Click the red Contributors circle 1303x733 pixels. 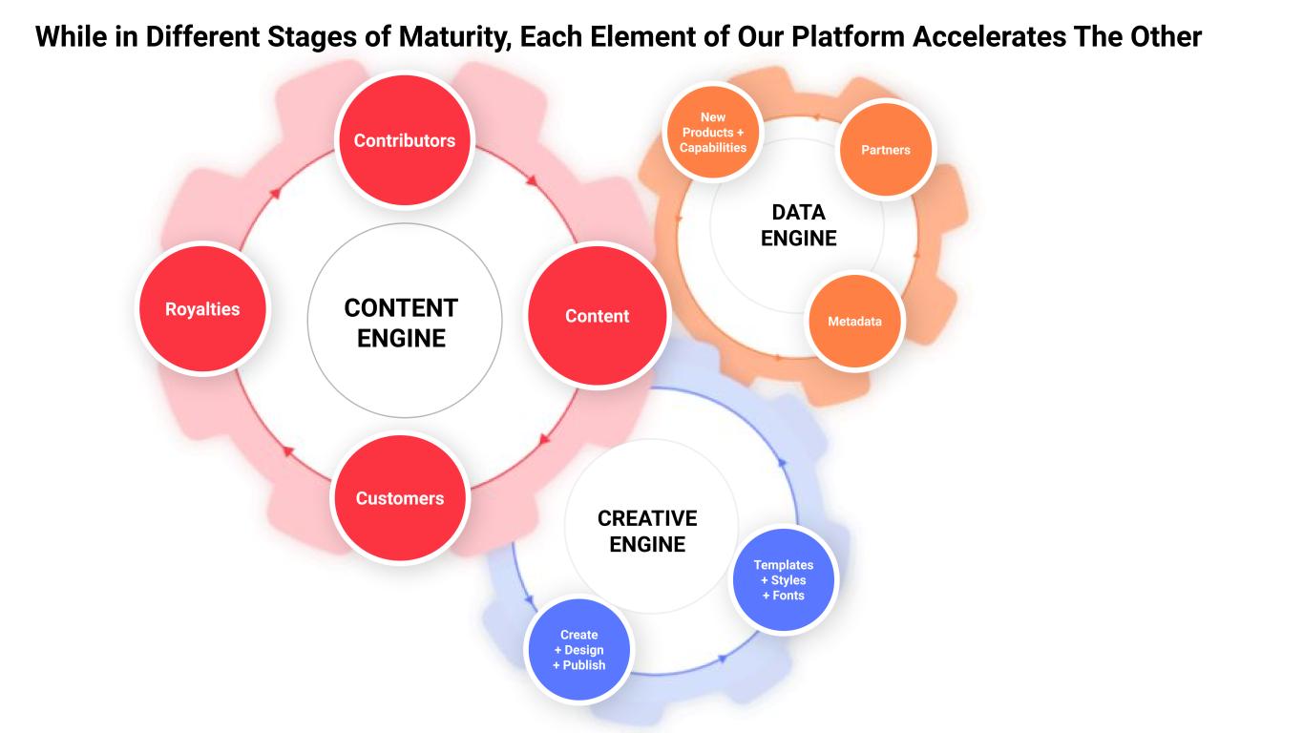tap(405, 140)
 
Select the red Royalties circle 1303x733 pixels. tap(202, 309)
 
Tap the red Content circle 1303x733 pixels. tap(598, 316)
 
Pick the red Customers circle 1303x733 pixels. tap(400, 498)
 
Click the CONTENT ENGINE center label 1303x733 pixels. tap(401, 323)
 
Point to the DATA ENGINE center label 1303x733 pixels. tap(799, 225)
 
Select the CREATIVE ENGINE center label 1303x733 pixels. tap(647, 531)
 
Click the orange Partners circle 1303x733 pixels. tap(886, 150)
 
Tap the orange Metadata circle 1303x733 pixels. tap(855, 322)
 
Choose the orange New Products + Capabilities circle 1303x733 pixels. tap(713, 133)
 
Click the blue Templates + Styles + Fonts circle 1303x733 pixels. tap(784, 580)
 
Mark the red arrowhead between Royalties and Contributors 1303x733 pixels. tap(275, 192)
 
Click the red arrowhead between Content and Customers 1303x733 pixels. tap(545, 440)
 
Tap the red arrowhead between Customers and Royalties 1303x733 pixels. tap(283, 450)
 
